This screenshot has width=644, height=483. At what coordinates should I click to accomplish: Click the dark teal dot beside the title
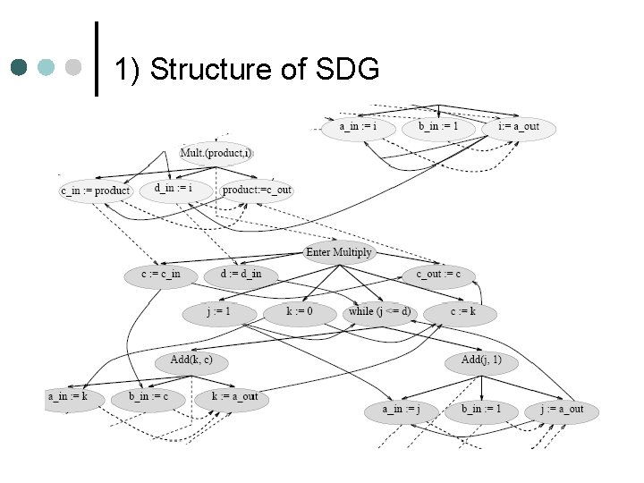(21, 68)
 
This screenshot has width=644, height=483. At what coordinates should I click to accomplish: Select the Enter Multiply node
(338, 252)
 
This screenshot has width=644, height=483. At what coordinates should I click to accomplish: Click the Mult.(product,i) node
(216, 154)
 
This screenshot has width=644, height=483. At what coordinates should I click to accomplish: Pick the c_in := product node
(95, 191)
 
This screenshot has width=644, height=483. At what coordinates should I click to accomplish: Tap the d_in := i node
(174, 189)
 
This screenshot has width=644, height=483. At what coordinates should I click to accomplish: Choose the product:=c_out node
(257, 190)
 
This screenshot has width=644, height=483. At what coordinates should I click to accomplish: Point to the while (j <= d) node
(380, 312)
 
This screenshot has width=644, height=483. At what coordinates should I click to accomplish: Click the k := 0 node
(300, 312)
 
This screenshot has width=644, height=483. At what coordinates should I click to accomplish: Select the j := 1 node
(219, 312)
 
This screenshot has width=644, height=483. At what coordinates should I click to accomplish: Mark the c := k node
(462, 312)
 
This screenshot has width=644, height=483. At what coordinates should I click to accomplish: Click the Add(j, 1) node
(481, 360)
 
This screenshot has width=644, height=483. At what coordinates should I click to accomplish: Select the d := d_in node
(241, 274)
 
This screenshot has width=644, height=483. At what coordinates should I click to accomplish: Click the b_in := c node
(148, 396)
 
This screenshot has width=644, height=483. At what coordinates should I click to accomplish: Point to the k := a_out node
(234, 396)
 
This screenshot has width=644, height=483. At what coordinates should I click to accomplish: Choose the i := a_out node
(519, 127)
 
